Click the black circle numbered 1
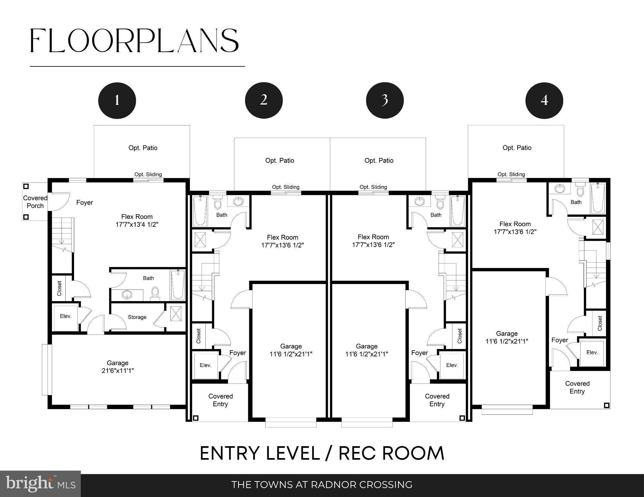[117, 100]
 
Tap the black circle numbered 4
[544, 100]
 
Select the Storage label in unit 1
[137, 317]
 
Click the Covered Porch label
[35, 202]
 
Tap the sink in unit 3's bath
[420, 202]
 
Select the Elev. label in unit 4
[592, 353]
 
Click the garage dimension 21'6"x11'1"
[118, 371]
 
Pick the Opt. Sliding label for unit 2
[286, 187]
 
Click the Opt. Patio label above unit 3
[379, 161]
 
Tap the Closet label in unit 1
[59, 289]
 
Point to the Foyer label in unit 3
[420, 353]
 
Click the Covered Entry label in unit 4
[577, 387]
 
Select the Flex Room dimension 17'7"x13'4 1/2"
[137, 225]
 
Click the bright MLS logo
[41, 484]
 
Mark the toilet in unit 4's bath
[580, 190]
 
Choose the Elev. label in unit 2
[206, 365]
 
